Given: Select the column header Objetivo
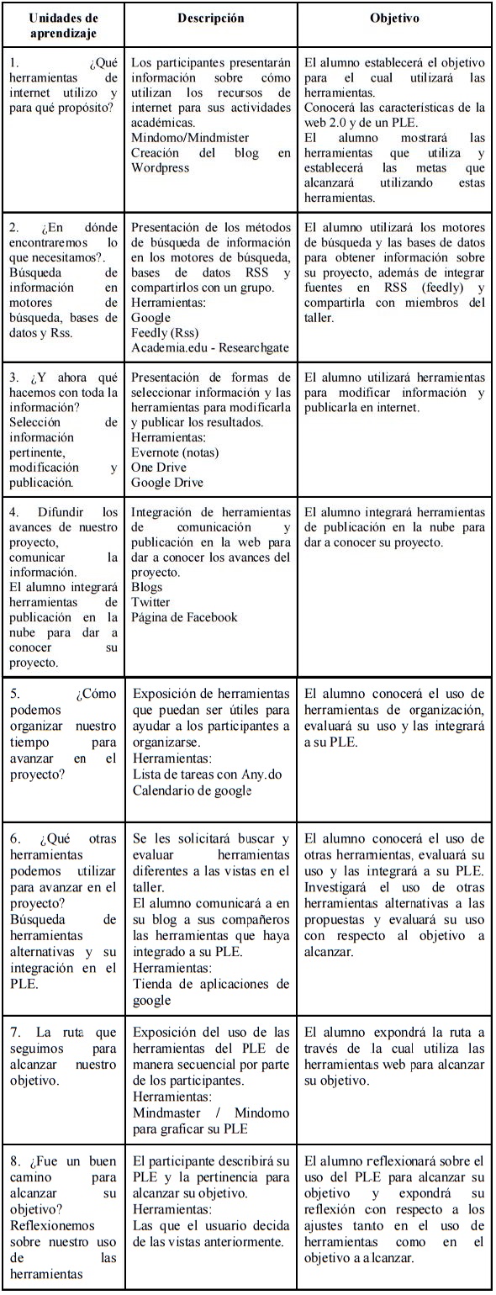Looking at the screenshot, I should tap(394, 18).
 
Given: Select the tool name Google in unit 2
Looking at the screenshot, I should tap(150, 318).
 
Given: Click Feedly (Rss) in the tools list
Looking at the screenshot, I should tap(162, 333).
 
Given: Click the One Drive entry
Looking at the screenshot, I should tap(159, 468).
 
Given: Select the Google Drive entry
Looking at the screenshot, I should tap(167, 483).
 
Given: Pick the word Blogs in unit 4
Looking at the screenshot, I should tap(147, 587).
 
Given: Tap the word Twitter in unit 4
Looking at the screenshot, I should tap(150, 602).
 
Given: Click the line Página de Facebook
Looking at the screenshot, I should tap(185, 617).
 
